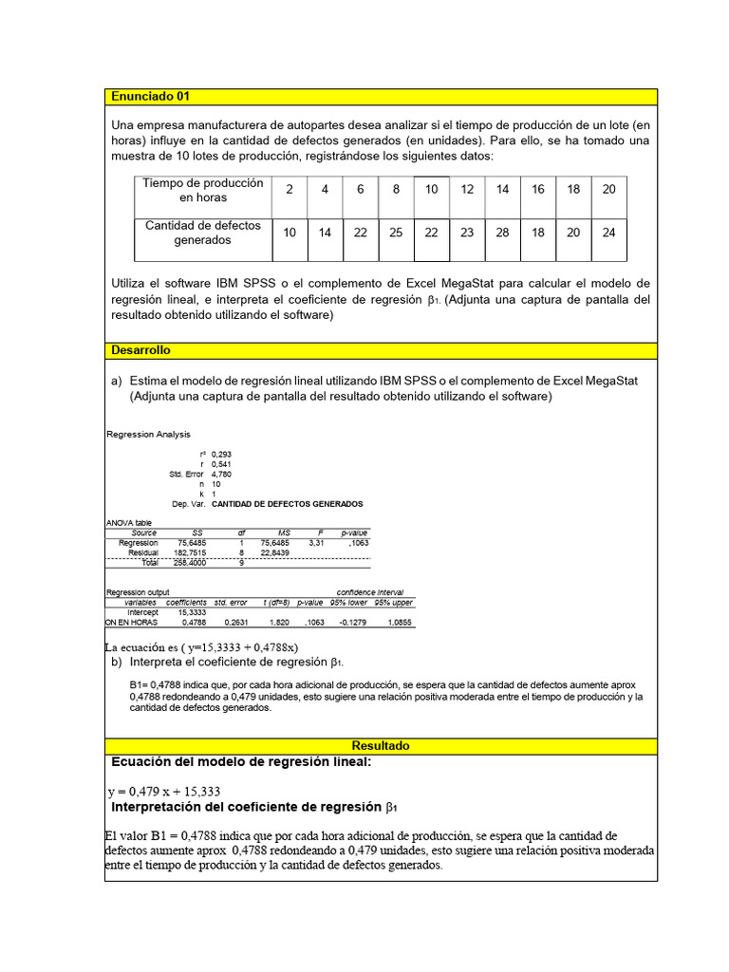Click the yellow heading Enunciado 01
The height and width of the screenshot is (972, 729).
(150, 97)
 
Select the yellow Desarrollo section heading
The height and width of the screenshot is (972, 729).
(140, 350)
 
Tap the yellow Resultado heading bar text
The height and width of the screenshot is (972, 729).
(381, 746)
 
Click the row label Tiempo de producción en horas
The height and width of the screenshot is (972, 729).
(203, 190)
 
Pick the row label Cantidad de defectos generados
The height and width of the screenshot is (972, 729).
(203, 233)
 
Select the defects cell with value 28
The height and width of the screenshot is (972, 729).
(502, 233)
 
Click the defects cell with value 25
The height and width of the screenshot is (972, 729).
(396, 233)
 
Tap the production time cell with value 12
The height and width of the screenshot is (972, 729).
(467, 190)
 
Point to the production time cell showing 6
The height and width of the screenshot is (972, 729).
(361, 190)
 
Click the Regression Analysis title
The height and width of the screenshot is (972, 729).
(148, 435)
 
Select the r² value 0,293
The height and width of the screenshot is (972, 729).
(222, 455)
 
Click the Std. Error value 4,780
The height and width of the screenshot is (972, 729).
(222, 474)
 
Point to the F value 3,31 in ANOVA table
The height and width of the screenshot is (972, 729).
(317, 543)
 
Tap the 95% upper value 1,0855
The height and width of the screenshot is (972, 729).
(394, 623)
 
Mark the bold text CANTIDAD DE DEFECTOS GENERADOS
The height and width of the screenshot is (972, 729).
(287, 504)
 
